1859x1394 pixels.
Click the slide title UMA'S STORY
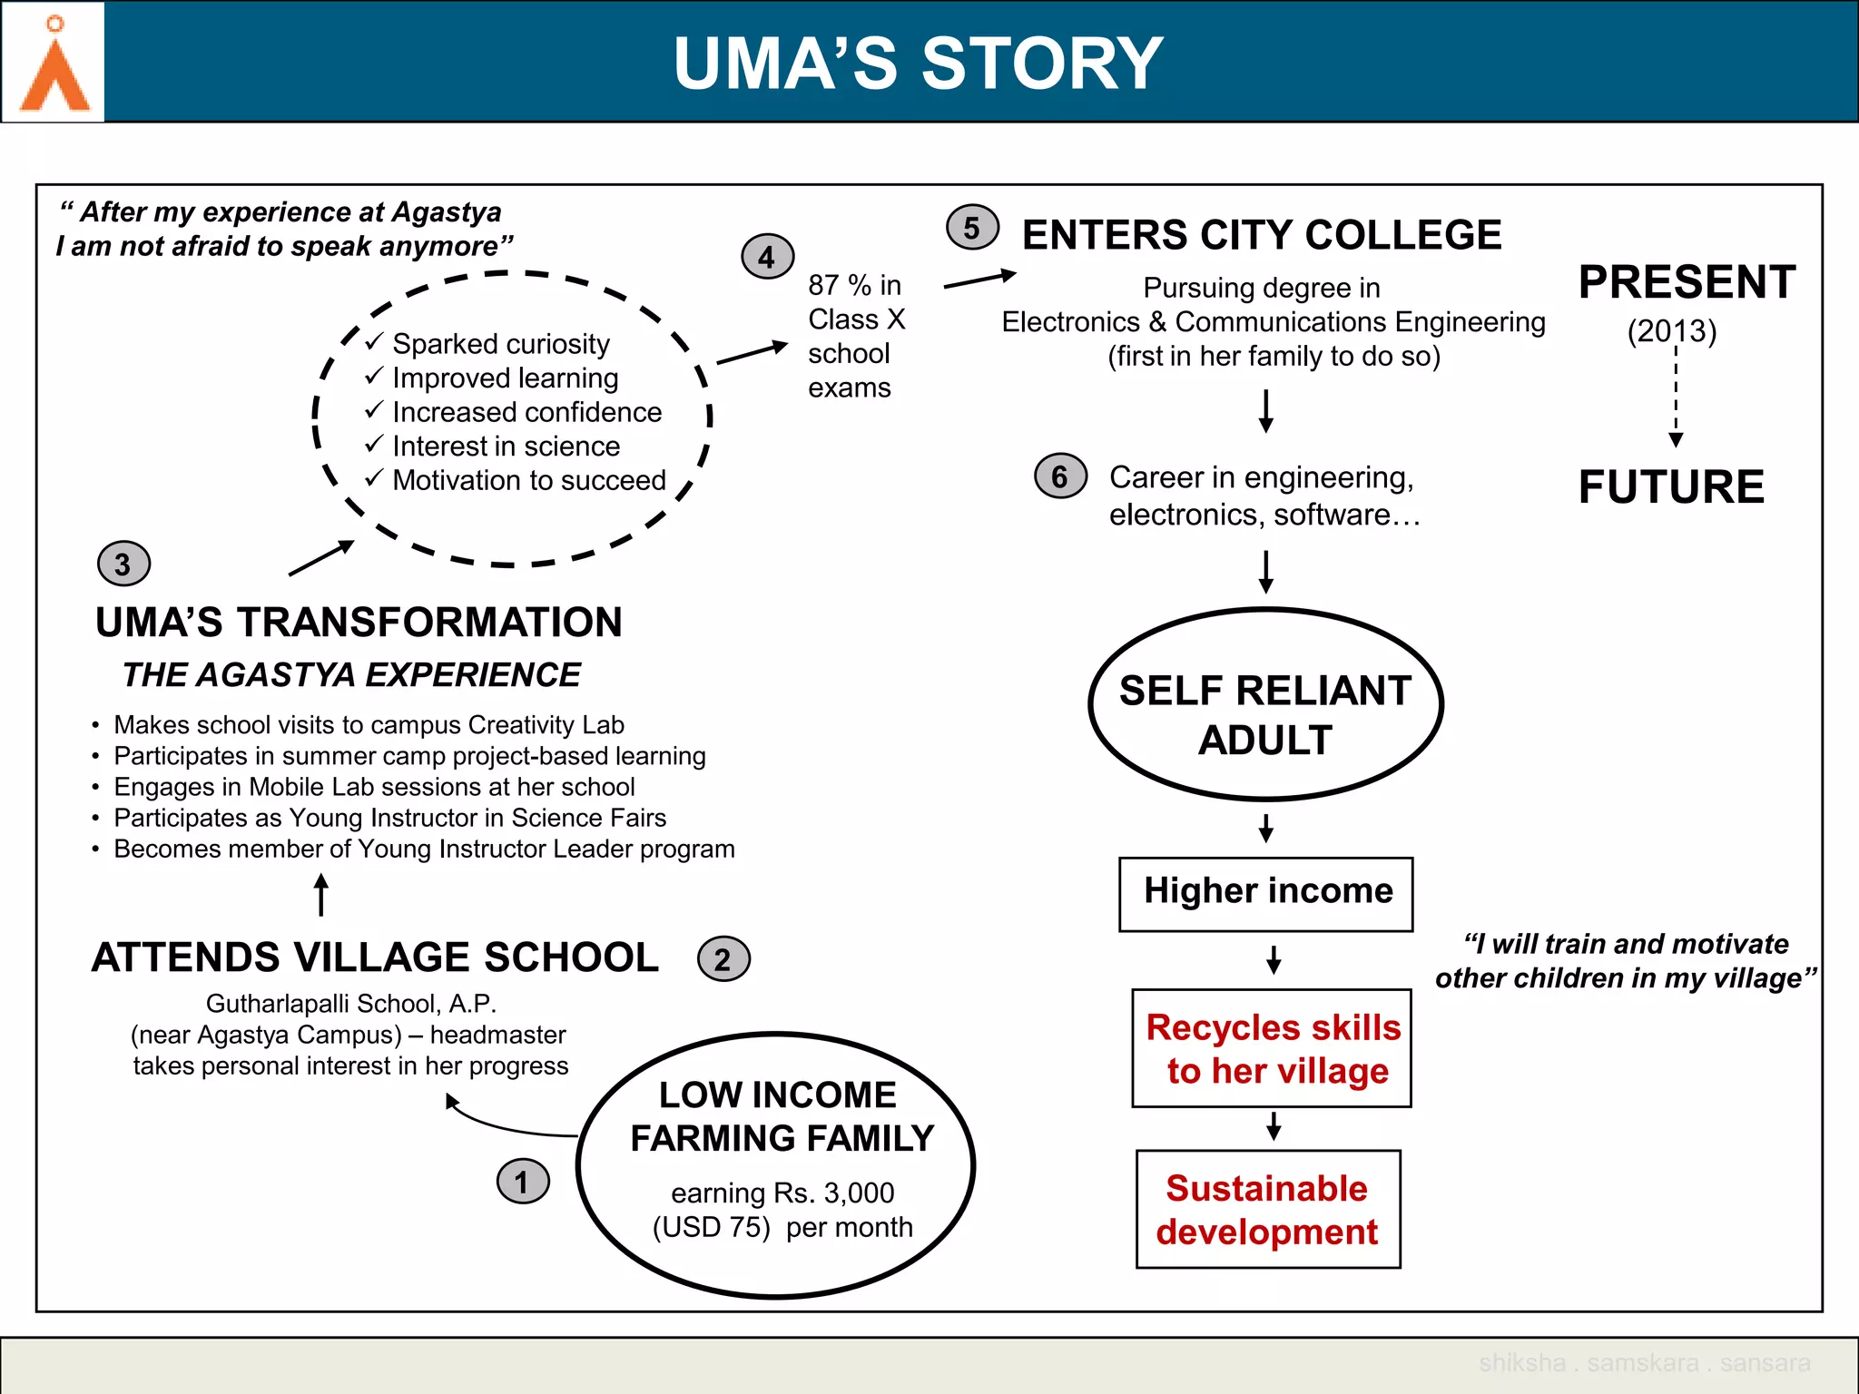[x=918, y=64]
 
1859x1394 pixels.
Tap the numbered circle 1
[x=523, y=1182]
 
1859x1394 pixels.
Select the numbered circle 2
[x=723, y=959]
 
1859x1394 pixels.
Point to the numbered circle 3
[x=123, y=564]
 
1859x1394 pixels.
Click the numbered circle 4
[x=767, y=257]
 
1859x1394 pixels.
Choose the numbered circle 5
[x=971, y=228]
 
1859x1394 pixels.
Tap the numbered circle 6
[x=1059, y=476]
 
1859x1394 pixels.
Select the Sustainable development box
[x=1267, y=1209]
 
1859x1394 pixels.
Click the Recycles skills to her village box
[x=1272, y=1048]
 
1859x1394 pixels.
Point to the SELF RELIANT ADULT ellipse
[x=1265, y=705]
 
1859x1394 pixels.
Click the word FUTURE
[x=1671, y=487]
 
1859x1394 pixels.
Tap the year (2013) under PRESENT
[x=1672, y=331]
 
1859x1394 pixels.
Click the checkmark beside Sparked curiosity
[x=374, y=342]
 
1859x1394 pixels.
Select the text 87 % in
[x=854, y=285]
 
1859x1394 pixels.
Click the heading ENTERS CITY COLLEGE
[x=1262, y=235]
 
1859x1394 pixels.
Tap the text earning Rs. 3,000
[x=782, y=1193]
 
